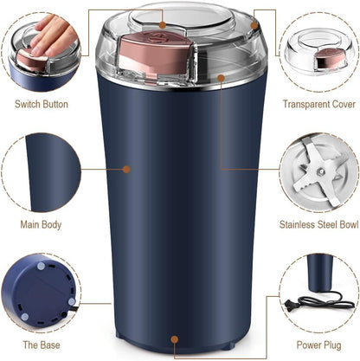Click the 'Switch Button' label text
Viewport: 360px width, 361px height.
(42, 104)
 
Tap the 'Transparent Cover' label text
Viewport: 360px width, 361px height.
(318, 104)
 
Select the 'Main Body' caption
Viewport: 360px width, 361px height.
(42, 225)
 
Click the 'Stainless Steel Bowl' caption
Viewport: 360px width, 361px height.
(318, 225)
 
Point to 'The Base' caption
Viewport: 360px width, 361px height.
(42, 345)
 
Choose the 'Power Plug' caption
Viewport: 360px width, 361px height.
(318, 345)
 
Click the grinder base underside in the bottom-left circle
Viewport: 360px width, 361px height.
(39, 293)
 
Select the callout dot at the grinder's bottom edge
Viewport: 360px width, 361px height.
(175, 340)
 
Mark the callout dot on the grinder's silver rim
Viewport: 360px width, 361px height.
(221, 79)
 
